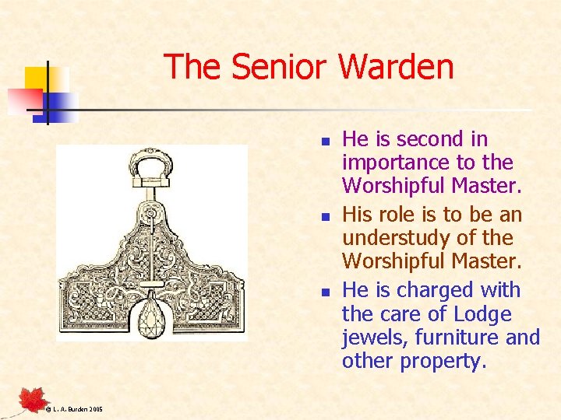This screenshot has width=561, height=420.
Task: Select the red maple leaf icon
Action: [x=34, y=399]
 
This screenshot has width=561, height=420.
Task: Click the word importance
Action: [x=399, y=163]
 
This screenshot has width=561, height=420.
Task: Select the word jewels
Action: [x=375, y=338]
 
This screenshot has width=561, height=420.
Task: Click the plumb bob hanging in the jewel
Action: [x=152, y=318]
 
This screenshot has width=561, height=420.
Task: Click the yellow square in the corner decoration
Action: [x=37, y=78]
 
